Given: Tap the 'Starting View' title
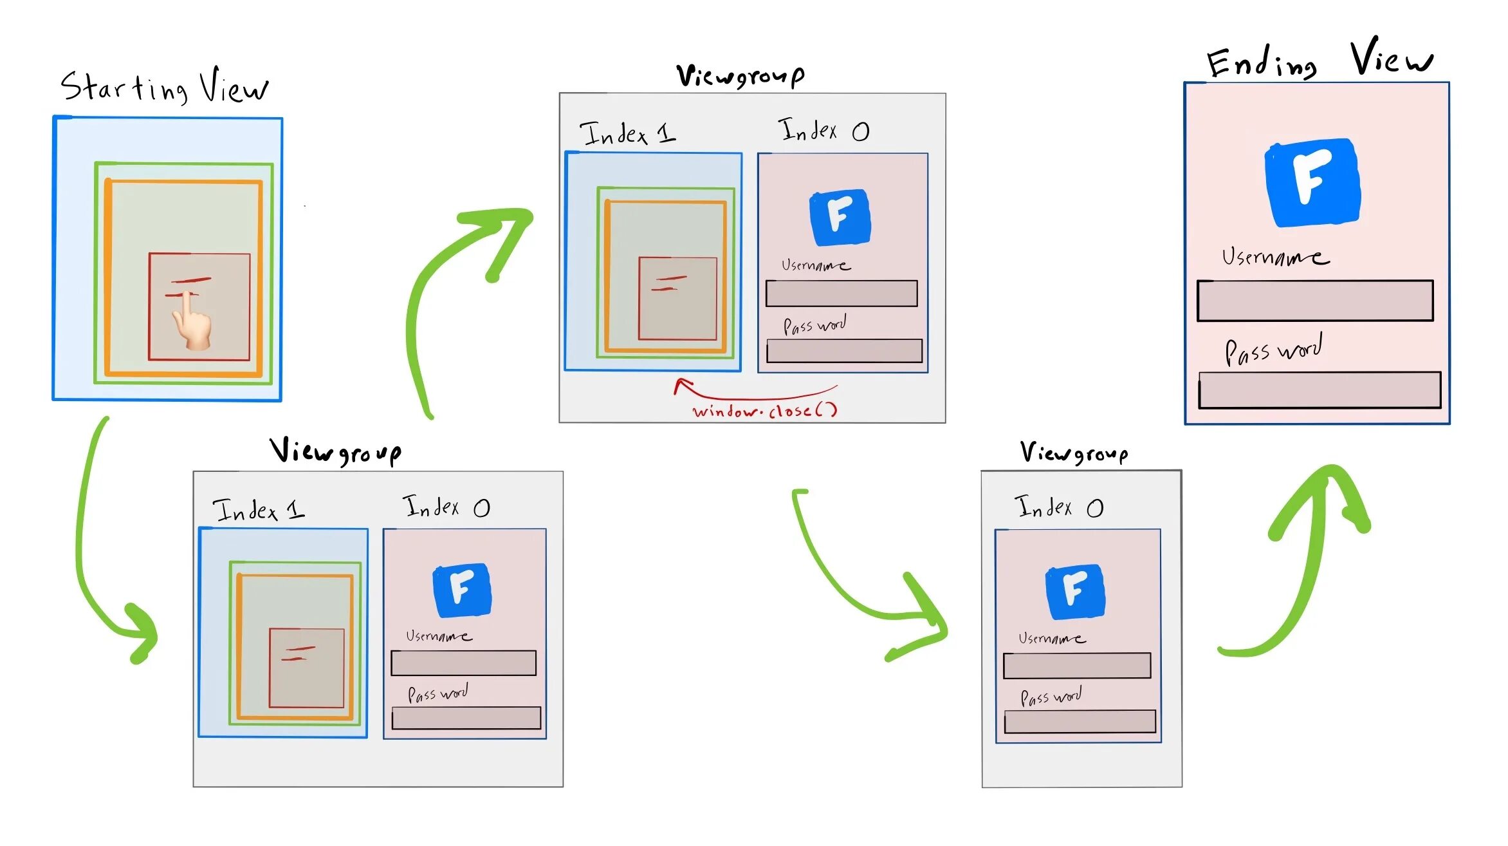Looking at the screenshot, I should [x=165, y=87].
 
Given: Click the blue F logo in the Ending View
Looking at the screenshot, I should [x=1312, y=182].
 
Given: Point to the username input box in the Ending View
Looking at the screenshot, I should [x=1314, y=301].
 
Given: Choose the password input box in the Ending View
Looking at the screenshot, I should [x=1319, y=390].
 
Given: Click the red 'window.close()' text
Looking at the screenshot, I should [x=764, y=411].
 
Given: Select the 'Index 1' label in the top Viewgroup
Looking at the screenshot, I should [x=627, y=133].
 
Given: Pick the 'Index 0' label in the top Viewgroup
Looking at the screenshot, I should [x=823, y=131].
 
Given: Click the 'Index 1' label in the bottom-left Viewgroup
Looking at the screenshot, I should [x=259, y=510].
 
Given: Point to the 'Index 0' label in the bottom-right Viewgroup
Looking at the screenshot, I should [x=1058, y=507].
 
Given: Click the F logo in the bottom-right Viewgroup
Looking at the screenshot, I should [x=1075, y=591].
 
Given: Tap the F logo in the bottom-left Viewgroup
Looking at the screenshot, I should [x=462, y=589].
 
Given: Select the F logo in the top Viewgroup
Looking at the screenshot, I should [x=840, y=217].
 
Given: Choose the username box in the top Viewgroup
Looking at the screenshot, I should [x=841, y=293].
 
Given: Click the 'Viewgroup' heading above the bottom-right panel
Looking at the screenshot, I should [x=1074, y=453].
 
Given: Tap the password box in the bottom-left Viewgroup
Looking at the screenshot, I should [x=466, y=718].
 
